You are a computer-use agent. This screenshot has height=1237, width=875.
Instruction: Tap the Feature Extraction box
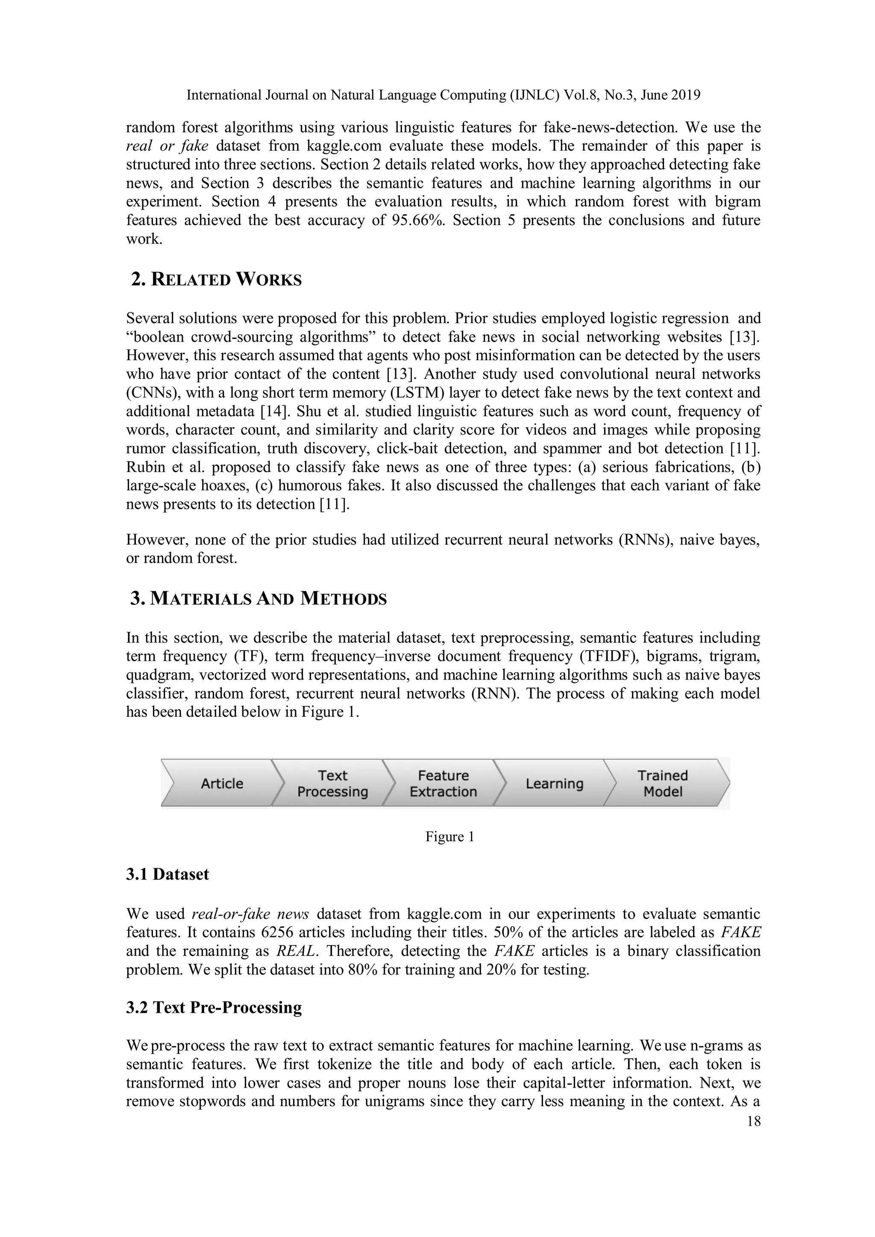coord(443,783)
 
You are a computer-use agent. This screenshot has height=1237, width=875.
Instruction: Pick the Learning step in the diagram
coord(554,783)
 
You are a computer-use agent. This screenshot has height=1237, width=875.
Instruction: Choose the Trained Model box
coord(663,783)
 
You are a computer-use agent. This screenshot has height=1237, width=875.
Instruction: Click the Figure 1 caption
coord(449,837)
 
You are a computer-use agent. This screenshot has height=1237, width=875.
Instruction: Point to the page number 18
coord(753,1121)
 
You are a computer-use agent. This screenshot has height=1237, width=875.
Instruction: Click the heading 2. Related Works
coord(216,280)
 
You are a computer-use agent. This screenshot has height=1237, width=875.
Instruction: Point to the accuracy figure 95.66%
coord(417,220)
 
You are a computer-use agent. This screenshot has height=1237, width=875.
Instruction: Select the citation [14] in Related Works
coord(268,411)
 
